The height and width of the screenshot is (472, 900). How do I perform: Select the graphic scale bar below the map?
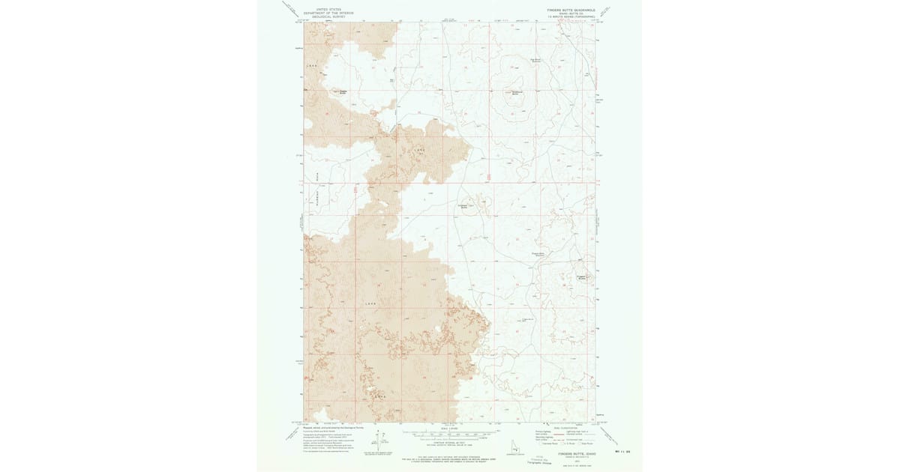tap(449, 434)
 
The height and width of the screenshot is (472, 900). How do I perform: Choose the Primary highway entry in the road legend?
tap(543, 432)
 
